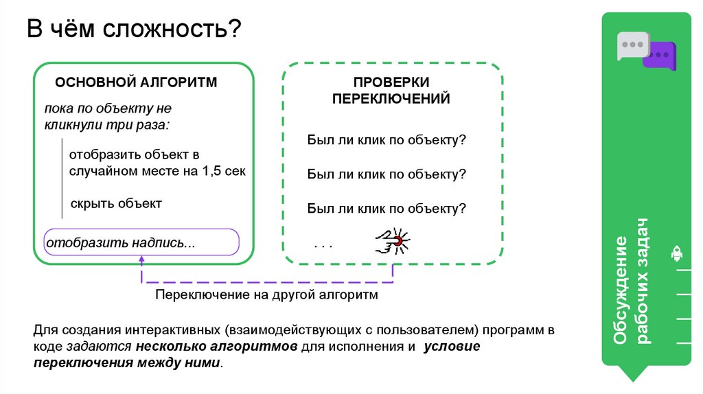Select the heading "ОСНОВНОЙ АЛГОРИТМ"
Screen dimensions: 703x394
coord(136,82)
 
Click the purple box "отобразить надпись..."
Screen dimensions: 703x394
coord(141,243)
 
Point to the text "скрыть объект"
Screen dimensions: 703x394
coord(115,203)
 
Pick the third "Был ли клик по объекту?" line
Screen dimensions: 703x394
coord(387,208)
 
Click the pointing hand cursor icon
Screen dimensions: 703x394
coord(392,240)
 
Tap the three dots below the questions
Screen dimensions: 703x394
coord(323,244)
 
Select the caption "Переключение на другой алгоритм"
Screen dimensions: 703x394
coord(266,294)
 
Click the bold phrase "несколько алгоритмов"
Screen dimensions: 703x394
coord(216,347)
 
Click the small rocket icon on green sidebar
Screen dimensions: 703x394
coord(676,254)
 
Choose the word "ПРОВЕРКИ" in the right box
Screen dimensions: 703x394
coord(391,82)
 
